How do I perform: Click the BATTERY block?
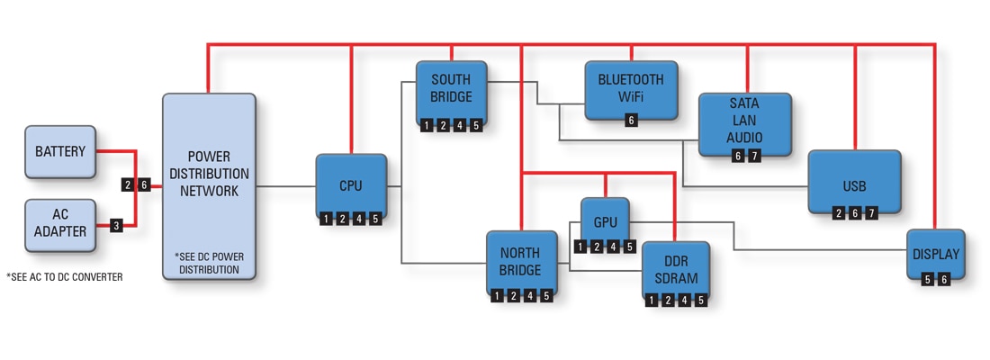[x=59, y=151]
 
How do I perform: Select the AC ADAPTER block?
[x=59, y=224]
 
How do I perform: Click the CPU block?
[x=351, y=185]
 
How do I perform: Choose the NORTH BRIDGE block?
[x=521, y=261]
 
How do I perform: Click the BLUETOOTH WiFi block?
[x=630, y=86]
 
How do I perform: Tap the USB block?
[x=854, y=186]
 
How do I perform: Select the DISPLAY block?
[x=936, y=254]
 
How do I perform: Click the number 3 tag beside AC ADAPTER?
[x=116, y=226]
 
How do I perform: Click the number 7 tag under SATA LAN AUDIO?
[x=754, y=157]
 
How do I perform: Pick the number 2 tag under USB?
[x=839, y=212]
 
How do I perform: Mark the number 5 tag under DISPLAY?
[x=928, y=280]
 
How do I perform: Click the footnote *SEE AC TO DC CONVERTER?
[x=64, y=277]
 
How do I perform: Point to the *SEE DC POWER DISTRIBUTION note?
[x=209, y=263]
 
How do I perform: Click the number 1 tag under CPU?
[x=326, y=219]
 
